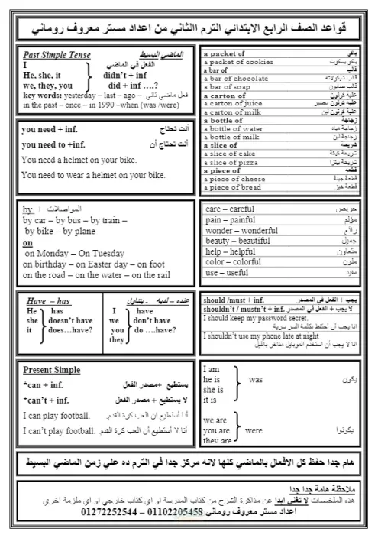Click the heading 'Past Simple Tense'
tap(54, 55)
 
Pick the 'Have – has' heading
tap(48, 301)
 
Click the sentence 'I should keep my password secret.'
tap(255, 317)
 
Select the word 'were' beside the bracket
tap(254, 430)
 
